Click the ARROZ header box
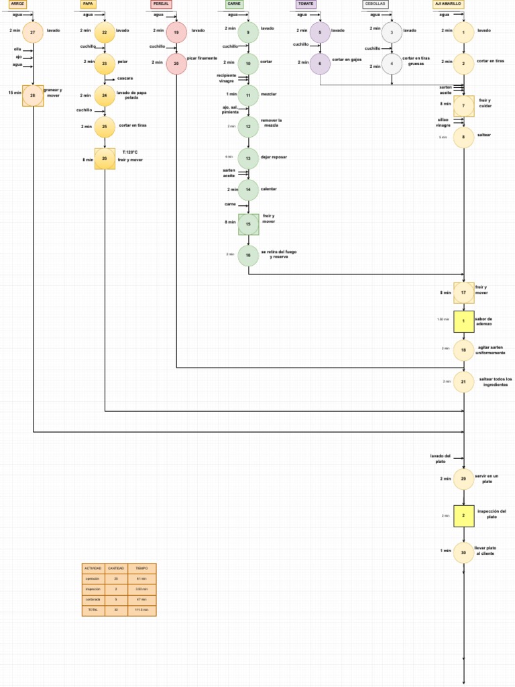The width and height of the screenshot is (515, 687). [17, 4]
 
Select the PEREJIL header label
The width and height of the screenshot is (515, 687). [161, 4]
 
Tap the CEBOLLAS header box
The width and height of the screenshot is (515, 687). [375, 4]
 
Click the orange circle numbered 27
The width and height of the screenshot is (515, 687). [33, 32]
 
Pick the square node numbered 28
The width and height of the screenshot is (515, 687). [33, 95]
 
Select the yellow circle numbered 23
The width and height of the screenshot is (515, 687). [105, 63]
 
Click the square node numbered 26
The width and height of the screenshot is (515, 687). [105, 158]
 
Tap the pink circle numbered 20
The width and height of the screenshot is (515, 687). [176, 63]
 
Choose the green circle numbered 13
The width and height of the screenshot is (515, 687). [248, 158]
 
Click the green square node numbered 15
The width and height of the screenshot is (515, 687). [248, 224]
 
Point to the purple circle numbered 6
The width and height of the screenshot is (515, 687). [320, 63]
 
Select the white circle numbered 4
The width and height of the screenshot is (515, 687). [392, 64]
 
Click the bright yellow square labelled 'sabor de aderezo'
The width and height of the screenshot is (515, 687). [463, 321]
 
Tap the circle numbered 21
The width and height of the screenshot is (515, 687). [463, 382]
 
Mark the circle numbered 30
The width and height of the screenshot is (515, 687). [463, 552]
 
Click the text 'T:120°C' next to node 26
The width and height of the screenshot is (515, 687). [130, 152]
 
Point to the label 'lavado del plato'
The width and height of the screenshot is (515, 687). [441, 458]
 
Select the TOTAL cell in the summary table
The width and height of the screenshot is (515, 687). [93, 610]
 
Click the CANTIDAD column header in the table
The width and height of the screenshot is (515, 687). [116, 568]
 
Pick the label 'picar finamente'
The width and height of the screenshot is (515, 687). [202, 58]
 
